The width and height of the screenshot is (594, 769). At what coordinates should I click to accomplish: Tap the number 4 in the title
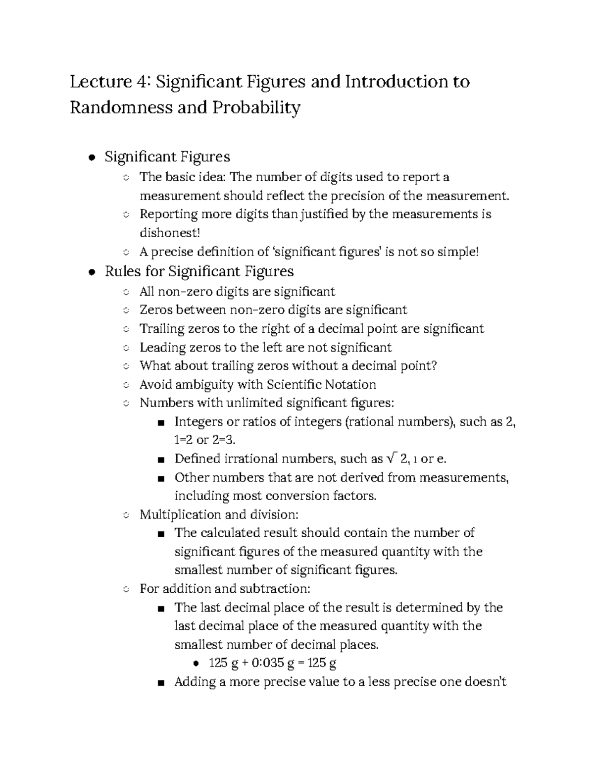coord(143,82)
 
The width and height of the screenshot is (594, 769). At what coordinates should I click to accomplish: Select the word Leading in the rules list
coord(162,348)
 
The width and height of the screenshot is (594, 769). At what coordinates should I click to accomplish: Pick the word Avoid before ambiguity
coord(154,385)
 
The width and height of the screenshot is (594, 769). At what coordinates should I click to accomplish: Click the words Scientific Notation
coord(321,385)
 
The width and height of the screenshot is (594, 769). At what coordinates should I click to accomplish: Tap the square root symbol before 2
coord(391,459)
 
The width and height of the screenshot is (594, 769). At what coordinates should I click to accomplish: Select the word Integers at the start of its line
coord(198,422)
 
